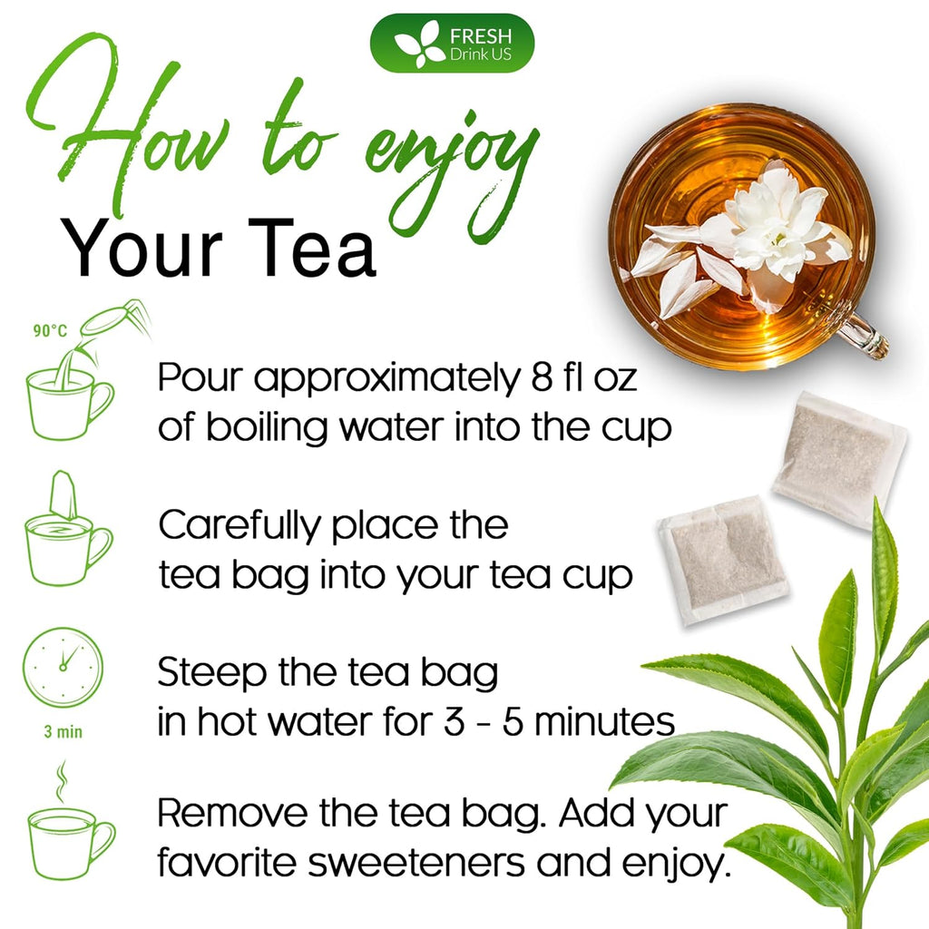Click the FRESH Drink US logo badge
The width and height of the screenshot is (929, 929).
click(452, 44)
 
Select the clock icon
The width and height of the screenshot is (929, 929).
click(63, 667)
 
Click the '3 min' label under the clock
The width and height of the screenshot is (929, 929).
click(63, 731)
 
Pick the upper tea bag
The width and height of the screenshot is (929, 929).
click(839, 459)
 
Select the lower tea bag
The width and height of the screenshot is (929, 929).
click(723, 559)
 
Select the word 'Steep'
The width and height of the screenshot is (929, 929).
click(209, 674)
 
